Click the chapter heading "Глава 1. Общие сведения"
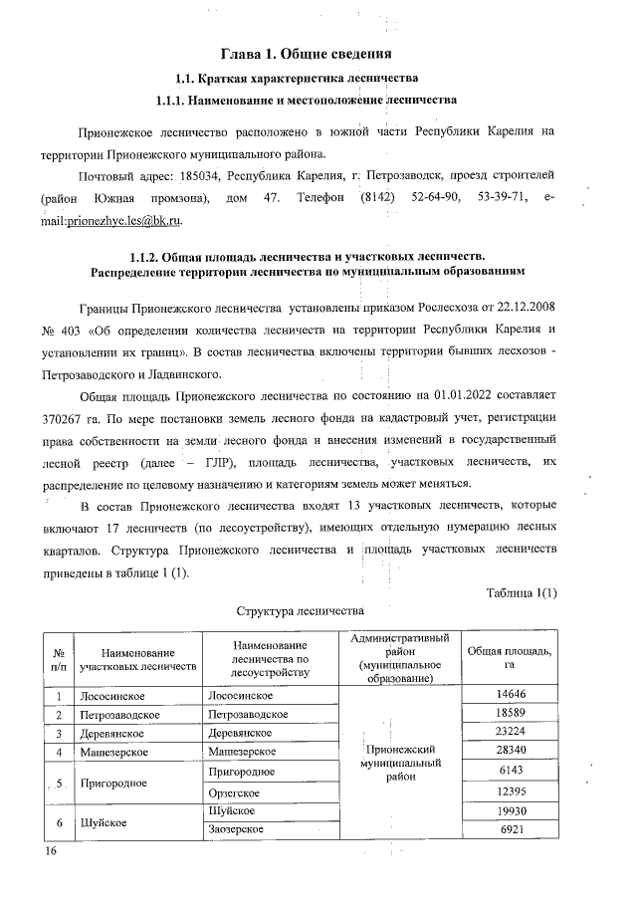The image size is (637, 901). click(318, 52)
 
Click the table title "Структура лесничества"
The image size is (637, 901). click(299, 608)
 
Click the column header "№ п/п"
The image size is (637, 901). click(59, 657)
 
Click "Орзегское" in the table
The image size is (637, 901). click(236, 791)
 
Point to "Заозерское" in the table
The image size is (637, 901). click(237, 829)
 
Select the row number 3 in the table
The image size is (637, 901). click(59, 733)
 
